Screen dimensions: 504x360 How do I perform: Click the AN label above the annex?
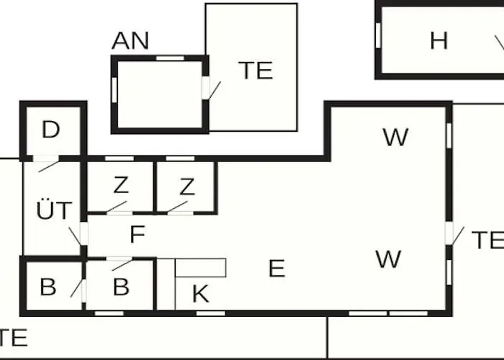130,40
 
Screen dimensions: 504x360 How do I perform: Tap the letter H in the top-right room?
438,41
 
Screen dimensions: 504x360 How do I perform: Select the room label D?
51,130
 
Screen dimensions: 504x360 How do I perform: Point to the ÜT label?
54,210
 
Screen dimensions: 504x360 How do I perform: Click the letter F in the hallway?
138,234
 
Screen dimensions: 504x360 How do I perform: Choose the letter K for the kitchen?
201,294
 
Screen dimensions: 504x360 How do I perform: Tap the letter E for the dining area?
276,269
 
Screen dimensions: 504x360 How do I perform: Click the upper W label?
396,137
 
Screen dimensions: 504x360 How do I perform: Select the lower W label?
388,259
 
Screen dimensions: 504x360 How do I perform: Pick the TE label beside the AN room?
256,71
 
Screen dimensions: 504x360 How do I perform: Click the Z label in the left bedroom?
121,185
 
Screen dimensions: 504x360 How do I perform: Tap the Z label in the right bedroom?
187,186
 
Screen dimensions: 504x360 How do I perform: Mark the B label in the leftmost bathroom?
48,287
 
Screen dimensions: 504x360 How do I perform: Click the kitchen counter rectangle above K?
201,268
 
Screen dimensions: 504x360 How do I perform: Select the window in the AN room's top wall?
170,58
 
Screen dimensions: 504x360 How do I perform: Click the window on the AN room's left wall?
114,90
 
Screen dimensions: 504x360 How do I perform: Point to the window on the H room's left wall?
378,35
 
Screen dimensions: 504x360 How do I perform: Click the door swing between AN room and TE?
214,91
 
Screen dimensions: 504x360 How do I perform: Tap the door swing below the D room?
49,166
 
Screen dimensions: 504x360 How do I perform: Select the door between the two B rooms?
76,288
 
